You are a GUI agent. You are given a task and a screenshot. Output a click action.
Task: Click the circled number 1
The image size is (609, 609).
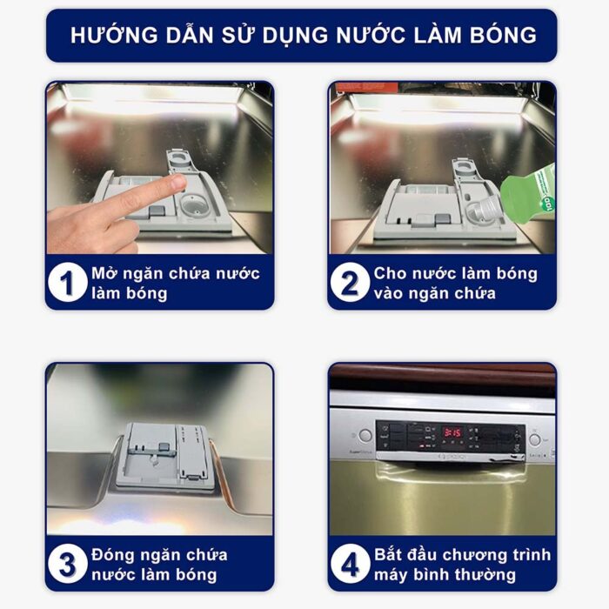click(67, 283)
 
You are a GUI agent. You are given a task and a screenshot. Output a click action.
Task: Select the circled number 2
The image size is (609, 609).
click(349, 283)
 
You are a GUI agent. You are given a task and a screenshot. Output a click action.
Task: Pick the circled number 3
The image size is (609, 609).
click(67, 565)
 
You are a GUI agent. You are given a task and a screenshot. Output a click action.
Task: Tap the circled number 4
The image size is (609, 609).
click(349, 565)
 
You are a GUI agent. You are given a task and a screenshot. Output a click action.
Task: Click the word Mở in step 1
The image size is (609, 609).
click(103, 273)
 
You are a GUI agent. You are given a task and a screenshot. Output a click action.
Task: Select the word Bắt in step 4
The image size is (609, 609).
click(391, 555)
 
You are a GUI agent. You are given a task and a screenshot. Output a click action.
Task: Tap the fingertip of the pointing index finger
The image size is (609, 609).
click(177, 182)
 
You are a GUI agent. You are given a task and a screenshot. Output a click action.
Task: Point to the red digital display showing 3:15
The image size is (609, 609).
click(452, 432)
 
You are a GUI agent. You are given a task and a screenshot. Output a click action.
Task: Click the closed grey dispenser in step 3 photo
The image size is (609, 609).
click(164, 455)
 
